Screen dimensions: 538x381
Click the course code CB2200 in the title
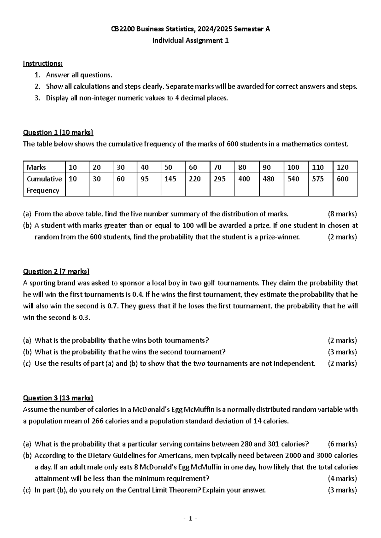[123, 29]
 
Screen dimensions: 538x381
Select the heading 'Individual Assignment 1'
[190, 41]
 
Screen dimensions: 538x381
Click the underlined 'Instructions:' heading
[43, 63]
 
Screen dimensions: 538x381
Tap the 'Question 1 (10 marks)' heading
[58, 133]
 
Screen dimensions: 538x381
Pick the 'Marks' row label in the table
[36, 167]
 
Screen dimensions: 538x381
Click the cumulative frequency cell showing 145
[170, 179]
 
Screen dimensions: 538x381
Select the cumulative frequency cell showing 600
[343, 179]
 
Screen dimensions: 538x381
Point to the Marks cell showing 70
[218, 167]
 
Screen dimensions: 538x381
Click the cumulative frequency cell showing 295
[220, 179]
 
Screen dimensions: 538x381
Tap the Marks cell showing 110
[317, 167]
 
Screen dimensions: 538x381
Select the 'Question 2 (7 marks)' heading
[56, 272]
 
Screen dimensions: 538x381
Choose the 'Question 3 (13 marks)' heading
[58, 398]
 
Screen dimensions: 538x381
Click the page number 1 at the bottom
[190, 519]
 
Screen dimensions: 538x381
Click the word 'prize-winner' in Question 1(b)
[279, 237]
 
